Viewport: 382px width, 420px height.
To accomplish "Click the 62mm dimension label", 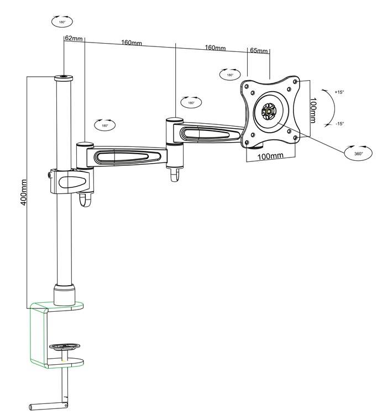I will pyautogui.click(x=74, y=39).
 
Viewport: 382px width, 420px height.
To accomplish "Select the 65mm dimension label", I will pyautogui.click(x=259, y=51).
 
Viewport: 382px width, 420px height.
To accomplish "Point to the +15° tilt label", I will pyautogui.click(x=339, y=92).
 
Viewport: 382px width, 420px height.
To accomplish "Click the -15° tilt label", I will pyautogui.click(x=339, y=124).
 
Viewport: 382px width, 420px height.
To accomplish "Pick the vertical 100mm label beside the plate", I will pyautogui.click(x=313, y=110).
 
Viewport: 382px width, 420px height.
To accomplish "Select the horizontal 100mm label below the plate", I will pyautogui.click(x=271, y=156).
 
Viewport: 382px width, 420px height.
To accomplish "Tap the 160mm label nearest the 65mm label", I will pyautogui.click(x=215, y=48).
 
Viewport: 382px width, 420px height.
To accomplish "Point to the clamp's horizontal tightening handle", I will pyautogui.click(x=47, y=407).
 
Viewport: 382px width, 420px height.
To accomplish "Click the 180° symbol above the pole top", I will pyautogui.click(x=62, y=22).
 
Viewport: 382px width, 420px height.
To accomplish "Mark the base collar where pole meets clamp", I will pyautogui.click(x=64, y=294).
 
